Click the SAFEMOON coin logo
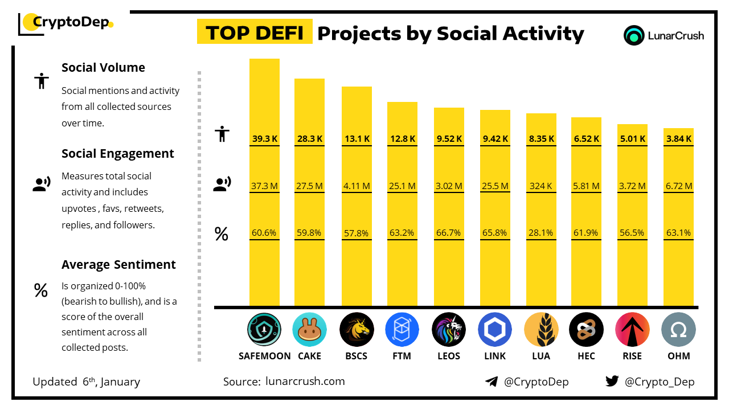tap(264, 330)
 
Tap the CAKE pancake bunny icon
tap(310, 330)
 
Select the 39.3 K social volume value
tap(264, 138)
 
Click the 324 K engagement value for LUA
tap(540, 186)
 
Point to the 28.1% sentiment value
tap(540, 233)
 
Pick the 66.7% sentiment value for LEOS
tap(449, 233)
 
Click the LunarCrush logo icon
tap(634, 35)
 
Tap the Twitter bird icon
tap(612, 382)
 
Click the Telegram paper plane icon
tap(492, 382)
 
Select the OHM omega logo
tap(678, 330)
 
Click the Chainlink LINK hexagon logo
tap(494, 330)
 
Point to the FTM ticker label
tap(402, 356)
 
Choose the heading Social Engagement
tap(118, 154)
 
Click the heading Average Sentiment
tap(118, 265)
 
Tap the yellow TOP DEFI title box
tap(254, 33)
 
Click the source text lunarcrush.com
tap(305, 382)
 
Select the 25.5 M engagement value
tap(494, 186)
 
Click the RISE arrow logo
tap(632, 330)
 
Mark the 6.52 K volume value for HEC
tap(586, 138)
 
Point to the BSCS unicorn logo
tap(357, 330)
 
